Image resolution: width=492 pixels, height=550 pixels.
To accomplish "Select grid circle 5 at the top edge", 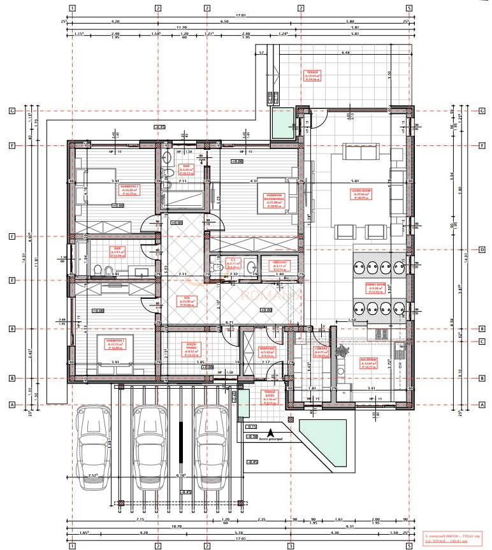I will point(409,9).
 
